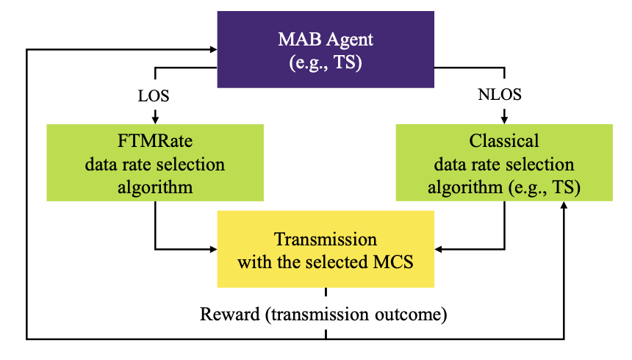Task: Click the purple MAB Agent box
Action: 326,49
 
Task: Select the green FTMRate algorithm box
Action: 155,162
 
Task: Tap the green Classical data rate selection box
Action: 504,162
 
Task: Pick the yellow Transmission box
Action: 326,249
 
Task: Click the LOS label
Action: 154,96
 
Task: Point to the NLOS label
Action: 500,95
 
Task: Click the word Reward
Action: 230,314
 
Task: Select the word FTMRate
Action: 155,141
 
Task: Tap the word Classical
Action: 504,141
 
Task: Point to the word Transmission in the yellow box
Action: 326,239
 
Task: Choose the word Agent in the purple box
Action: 350,40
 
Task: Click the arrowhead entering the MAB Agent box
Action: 214,49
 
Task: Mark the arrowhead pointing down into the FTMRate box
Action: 155,120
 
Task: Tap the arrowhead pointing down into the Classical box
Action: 504,120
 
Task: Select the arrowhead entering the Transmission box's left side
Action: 214,249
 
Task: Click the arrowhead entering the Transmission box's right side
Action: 439,249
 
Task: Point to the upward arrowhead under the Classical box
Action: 564,205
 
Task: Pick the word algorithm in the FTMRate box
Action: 155,187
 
